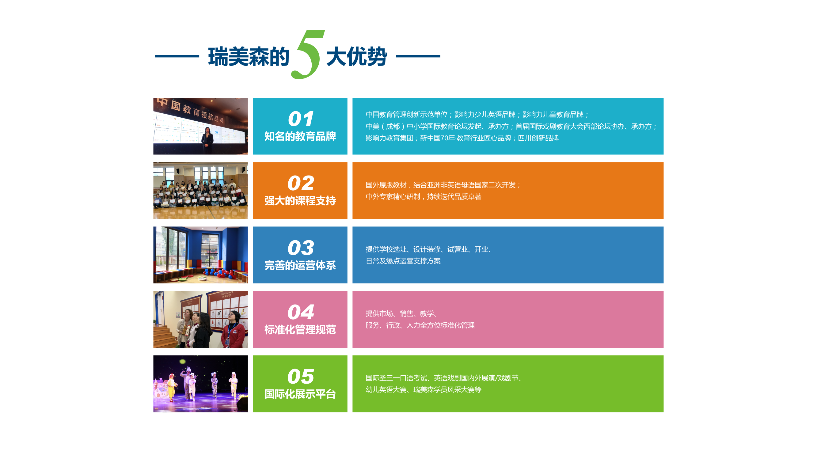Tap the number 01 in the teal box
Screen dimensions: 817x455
click(x=301, y=119)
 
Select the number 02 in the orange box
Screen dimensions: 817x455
click(x=301, y=183)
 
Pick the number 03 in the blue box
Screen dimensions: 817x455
click(x=301, y=247)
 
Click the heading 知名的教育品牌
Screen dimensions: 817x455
click(x=300, y=136)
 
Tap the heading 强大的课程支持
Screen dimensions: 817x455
click(x=300, y=200)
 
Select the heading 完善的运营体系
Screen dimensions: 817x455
click(x=300, y=265)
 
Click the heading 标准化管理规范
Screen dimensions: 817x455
click(x=300, y=329)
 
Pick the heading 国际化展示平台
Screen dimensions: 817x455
click(x=300, y=394)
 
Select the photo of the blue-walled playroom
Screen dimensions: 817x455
click(x=200, y=255)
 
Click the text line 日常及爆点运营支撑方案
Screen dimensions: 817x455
click(x=403, y=261)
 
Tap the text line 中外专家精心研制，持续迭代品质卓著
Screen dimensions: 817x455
click(x=424, y=196)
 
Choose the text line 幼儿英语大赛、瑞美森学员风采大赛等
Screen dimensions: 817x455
click(x=424, y=389)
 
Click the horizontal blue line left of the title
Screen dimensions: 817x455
click(x=177, y=56)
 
